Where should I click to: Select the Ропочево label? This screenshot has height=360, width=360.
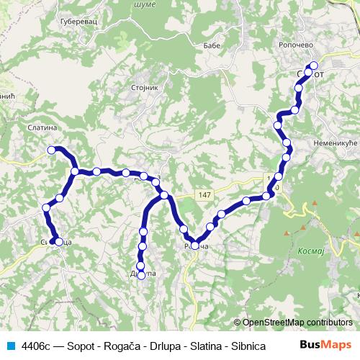294,44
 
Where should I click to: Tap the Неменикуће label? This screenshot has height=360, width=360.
336,143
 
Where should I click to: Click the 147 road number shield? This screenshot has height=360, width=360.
205,195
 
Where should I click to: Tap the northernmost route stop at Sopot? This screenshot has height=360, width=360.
312,66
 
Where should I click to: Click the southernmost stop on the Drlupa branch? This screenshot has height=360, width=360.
141,275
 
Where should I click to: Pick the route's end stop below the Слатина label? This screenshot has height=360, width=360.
51,150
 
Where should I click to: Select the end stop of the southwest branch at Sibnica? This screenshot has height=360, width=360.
58,242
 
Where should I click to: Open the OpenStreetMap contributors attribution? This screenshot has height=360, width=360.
297,323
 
